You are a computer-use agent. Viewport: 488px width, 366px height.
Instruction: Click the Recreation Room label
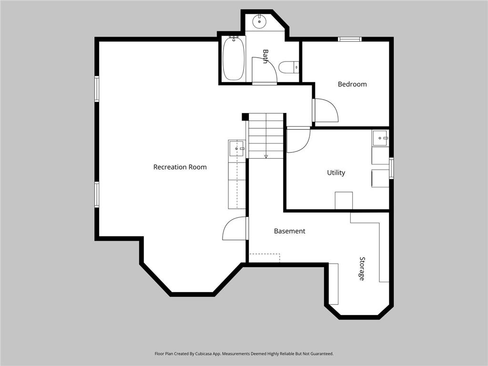click(180, 167)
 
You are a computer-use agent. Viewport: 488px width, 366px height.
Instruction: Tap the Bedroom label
click(352, 84)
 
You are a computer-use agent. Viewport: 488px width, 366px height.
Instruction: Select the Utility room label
click(336, 173)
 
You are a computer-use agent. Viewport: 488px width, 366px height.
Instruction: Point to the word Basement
click(289, 231)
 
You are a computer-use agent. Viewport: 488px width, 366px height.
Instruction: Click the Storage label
click(362, 268)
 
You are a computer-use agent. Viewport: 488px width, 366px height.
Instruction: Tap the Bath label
click(265, 56)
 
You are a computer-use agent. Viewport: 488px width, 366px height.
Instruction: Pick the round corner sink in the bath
click(259, 20)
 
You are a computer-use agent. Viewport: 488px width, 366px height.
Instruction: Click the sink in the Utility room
click(380, 138)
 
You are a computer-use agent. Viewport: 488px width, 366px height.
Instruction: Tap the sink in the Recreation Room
click(236, 149)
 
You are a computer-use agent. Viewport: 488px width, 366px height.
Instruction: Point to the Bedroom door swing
click(325, 111)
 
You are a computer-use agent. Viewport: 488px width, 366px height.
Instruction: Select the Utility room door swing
click(298, 140)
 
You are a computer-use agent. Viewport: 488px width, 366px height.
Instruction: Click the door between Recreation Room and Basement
click(235, 228)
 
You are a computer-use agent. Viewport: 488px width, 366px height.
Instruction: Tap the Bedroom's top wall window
click(350, 39)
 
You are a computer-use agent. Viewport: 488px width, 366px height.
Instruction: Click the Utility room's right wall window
click(391, 168)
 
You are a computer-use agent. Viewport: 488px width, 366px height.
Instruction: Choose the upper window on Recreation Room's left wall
click(97, 89)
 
